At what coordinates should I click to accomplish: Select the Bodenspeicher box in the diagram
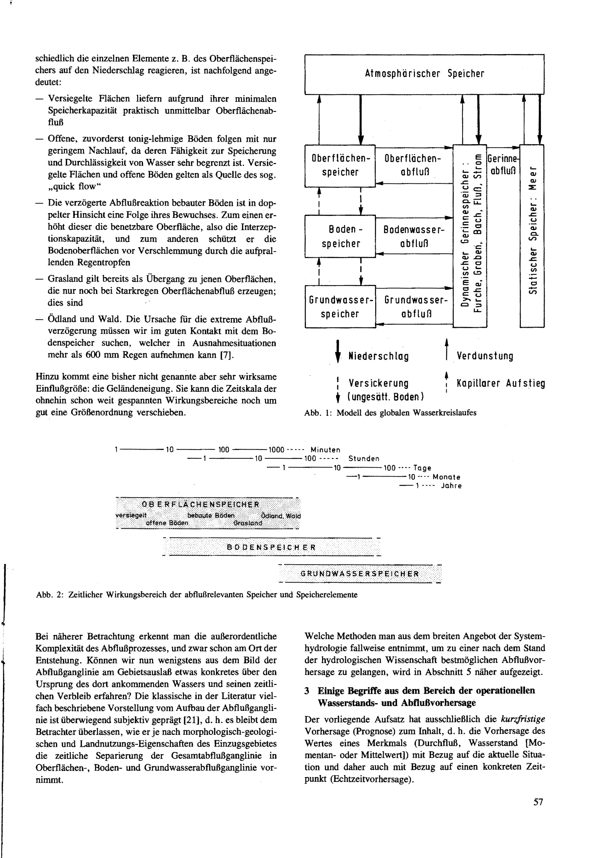[x=340, y=236]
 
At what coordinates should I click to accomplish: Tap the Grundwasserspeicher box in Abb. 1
[x=340, y=307]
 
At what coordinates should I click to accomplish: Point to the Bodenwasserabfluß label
[x=414, y=236]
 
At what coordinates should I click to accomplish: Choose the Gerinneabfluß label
[x=503, y=165]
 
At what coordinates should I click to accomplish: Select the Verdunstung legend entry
[x=485, y=356]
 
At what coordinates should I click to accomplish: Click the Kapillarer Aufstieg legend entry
[x=501, y=383]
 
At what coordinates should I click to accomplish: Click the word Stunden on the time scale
[x=364, y=459]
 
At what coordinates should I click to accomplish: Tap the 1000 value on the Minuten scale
[x=276, y=450]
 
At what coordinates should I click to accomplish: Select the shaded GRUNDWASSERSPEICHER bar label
[x=360, y=574]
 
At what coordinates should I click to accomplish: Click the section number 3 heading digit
[x=307, y=691]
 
